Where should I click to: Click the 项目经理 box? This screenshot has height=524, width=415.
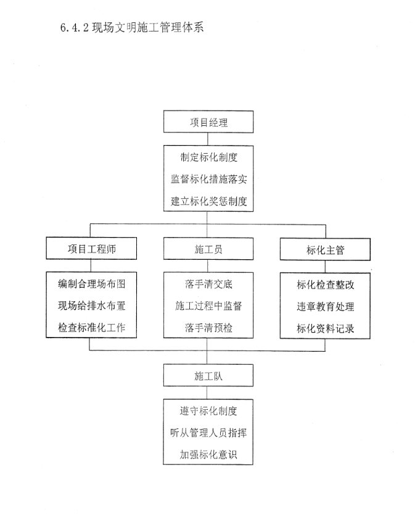208,122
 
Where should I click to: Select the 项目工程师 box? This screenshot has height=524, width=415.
91,248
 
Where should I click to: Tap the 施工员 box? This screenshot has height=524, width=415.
208,249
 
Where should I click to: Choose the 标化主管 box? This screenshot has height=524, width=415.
325,249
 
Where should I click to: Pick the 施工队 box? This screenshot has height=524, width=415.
208,376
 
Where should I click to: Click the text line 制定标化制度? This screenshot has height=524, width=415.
209,157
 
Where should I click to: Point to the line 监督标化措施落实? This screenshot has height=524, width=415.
209,179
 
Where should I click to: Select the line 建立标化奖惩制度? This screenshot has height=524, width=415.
209,201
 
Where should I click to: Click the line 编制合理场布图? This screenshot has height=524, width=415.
92,284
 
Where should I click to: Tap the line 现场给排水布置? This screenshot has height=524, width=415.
92,306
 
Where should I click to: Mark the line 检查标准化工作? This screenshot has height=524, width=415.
92,328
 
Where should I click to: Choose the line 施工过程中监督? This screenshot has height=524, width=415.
208,306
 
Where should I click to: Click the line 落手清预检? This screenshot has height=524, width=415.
208,328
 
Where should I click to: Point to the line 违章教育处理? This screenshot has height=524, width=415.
326,307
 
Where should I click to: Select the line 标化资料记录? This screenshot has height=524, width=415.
326,328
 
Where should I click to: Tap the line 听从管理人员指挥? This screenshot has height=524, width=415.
208,433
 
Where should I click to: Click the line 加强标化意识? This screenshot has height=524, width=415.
208,454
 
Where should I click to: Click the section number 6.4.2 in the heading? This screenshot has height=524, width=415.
75,28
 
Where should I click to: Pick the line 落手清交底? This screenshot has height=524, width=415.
208,284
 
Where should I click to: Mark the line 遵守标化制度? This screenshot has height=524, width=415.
208,411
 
